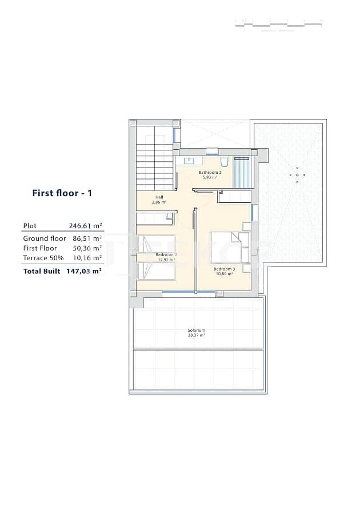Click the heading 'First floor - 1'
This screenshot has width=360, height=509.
62,193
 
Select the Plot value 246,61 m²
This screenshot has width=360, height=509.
85,226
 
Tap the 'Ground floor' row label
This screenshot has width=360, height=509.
45,238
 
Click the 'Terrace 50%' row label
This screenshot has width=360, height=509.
43,258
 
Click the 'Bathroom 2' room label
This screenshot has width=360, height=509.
210,172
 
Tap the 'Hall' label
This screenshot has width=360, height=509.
159,197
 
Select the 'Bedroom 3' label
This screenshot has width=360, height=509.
224,269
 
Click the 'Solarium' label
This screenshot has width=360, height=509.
196,331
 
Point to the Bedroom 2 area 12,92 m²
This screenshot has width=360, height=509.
166,260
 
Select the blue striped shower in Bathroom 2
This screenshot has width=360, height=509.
242,172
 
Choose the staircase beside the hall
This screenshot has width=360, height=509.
154,166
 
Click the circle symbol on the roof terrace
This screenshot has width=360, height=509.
297,174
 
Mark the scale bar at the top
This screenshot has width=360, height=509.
279,23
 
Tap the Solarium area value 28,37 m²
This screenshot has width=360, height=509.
196,335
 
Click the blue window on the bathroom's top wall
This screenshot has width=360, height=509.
212,153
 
